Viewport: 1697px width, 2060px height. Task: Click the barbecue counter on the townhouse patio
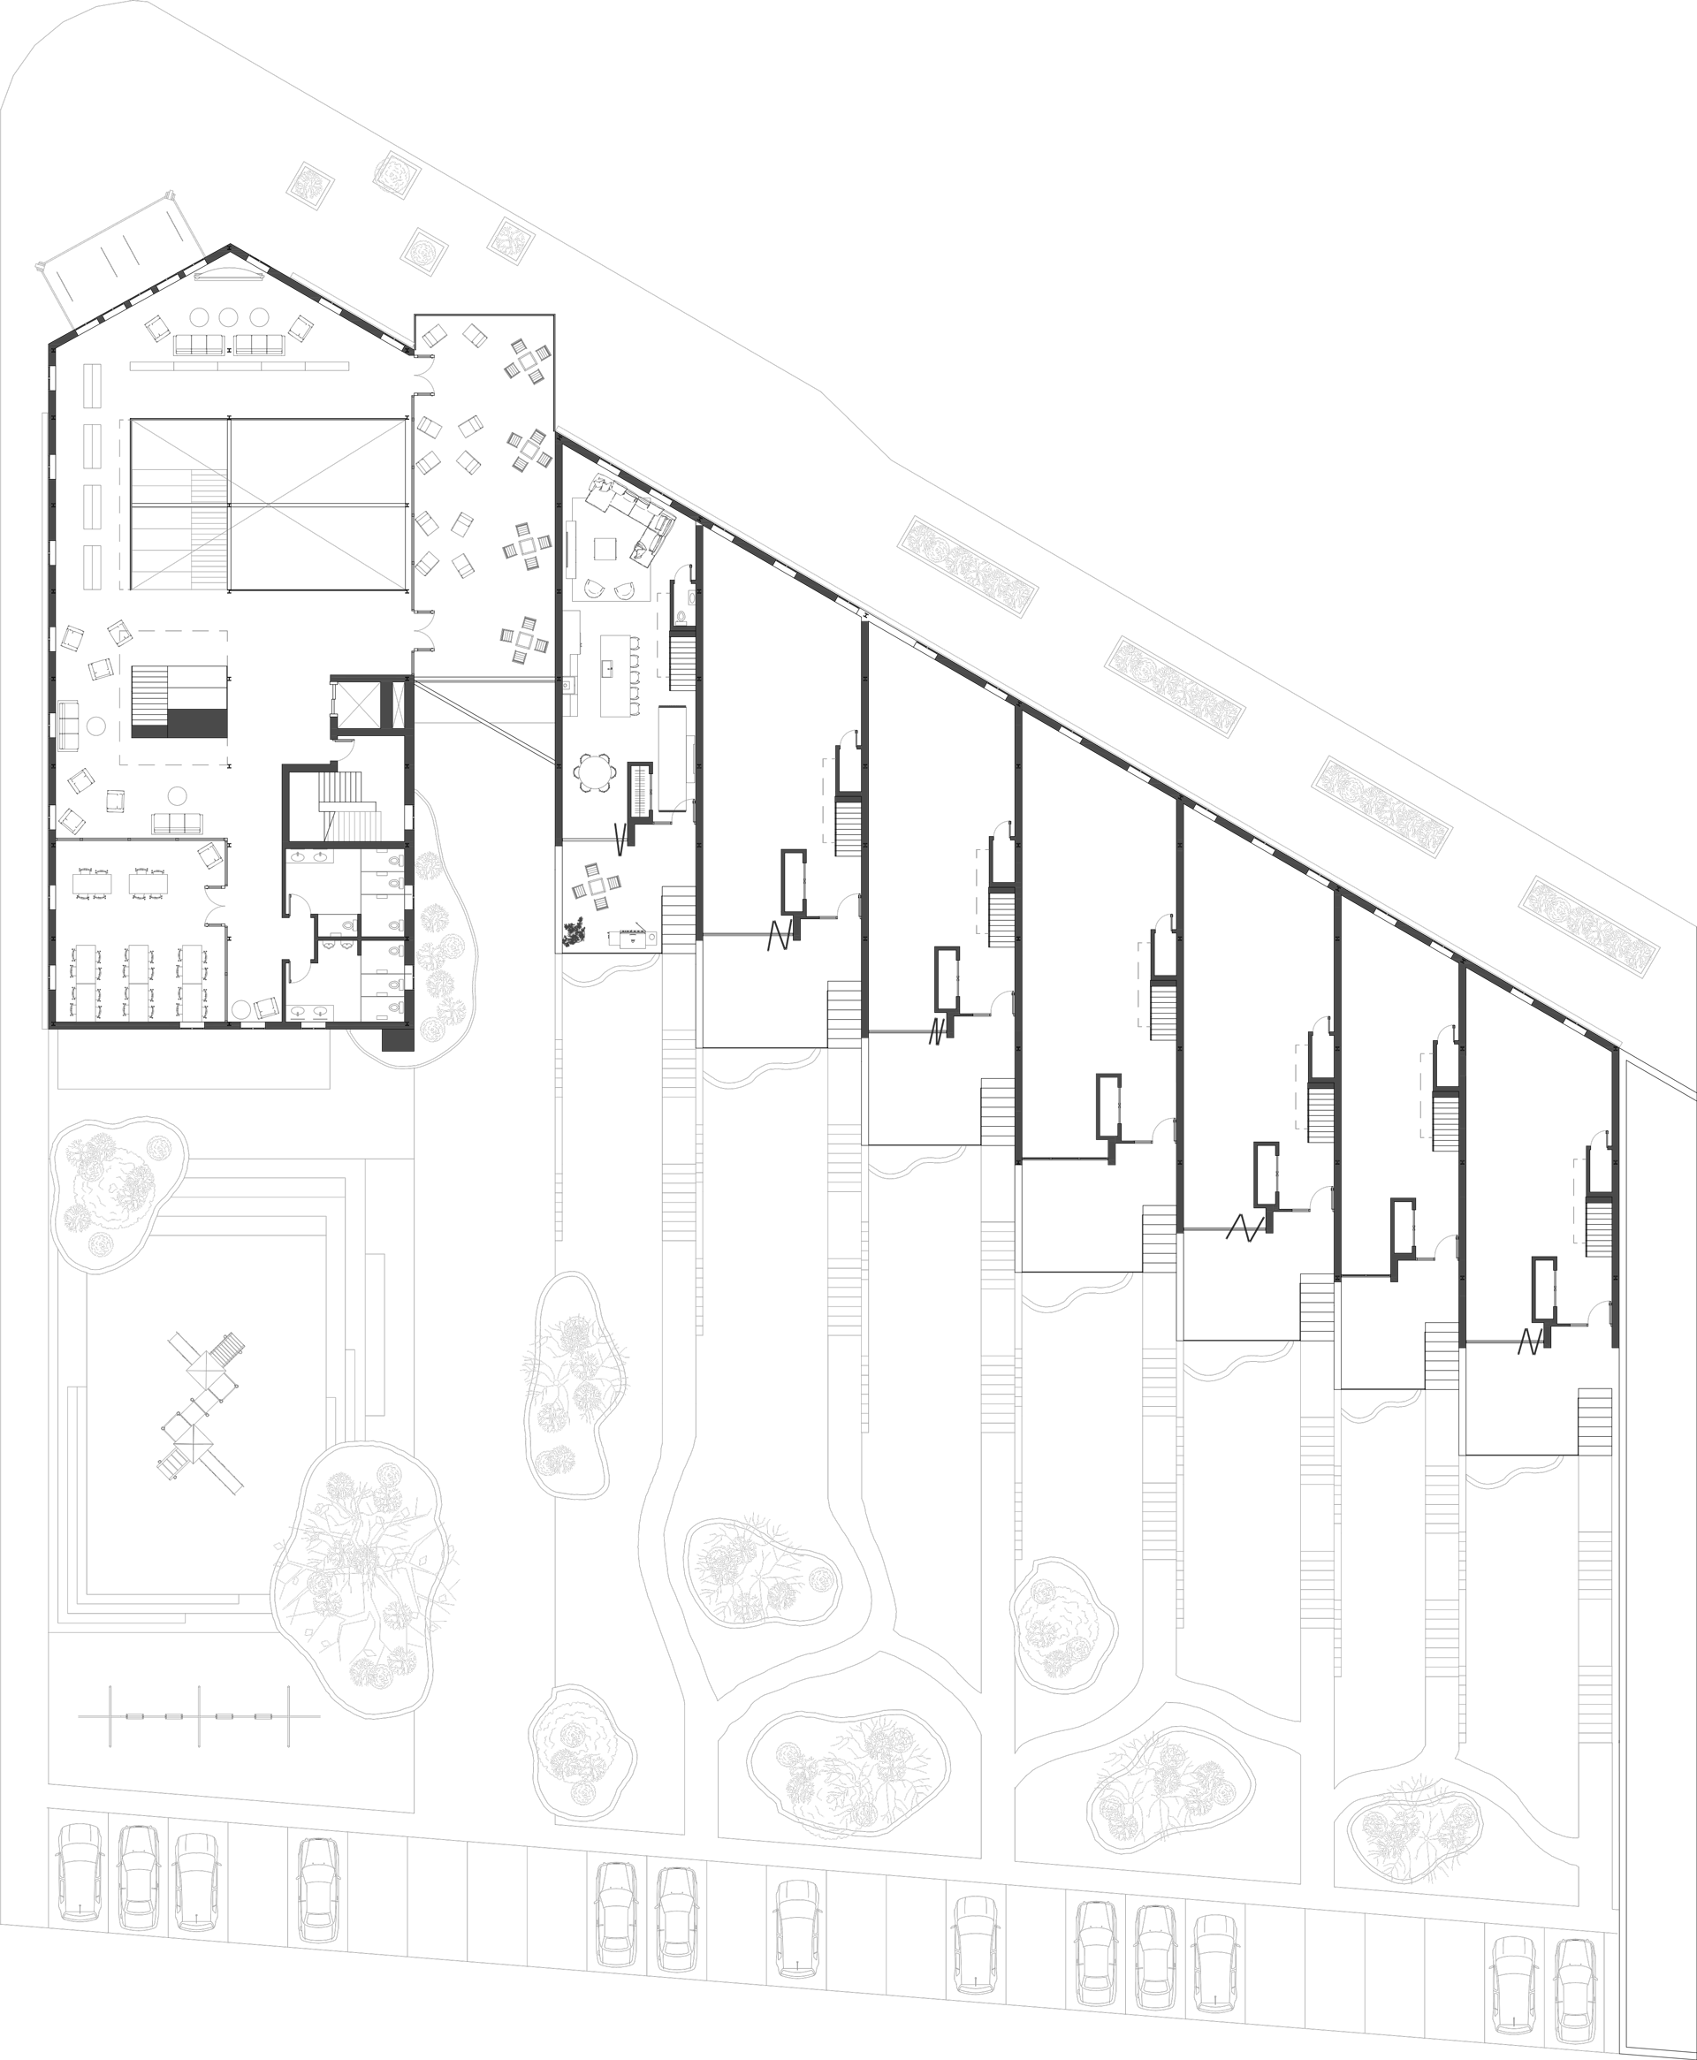pyautogui.click(x=633, y=939)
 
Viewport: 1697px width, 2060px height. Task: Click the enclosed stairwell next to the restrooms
pyautogui.click(x=348, y=806)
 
